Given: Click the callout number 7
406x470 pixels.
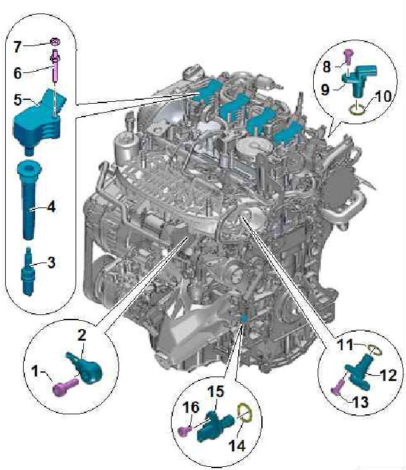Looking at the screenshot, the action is [17, 47].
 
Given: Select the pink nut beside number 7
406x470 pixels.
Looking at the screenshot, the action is [55, 42].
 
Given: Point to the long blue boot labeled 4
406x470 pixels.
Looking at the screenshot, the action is [28, 200].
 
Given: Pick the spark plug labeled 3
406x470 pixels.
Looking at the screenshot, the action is [28, 272].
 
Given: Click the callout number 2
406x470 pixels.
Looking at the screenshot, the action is [81, 335].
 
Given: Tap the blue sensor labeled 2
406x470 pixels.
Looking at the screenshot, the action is [85, 368].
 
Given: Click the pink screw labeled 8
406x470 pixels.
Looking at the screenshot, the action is [348, 56].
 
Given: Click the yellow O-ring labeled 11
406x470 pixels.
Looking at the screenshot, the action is [375, 350].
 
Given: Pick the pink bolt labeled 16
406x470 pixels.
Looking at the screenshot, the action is [185, 431].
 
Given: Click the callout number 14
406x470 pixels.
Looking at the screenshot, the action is [237, 446].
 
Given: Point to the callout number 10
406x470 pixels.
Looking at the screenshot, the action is [383, 96].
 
